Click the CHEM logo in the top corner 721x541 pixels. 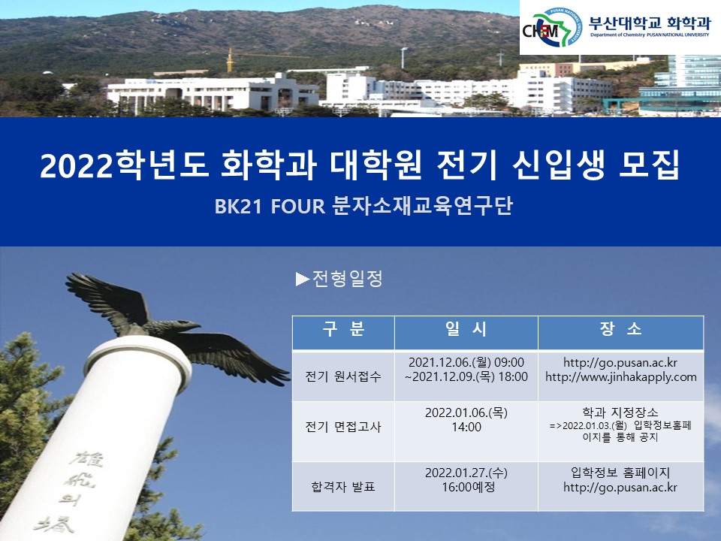pyautogui.click(x=553, y=28)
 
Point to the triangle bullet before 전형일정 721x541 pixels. pyautogui.click(x=303, y=280)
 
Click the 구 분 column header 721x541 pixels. pyautogui.click(x=343, y=329)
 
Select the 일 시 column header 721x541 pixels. pyautogui.click(x=466, y=329)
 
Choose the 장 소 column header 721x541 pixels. pyautogui.click(x=620, y=329)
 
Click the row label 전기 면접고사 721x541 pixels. pyautogui.click(x=343, y=427)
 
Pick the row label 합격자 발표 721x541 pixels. pyautogui.click(x=343, y=486)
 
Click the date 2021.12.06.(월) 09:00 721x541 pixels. pyautogui.click(x=466, y=363)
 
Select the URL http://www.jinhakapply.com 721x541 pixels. pyautogui.click(x=620, y=376)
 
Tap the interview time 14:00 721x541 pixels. pyautogui.click(x=466, y=428)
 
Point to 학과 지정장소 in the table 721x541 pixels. pyautogui.click(x=620, y=413)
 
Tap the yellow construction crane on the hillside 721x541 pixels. pyautogui.click(x=230, y=60)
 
